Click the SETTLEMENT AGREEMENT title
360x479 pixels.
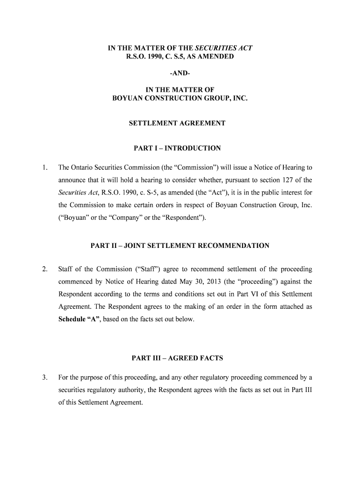pos(177,123)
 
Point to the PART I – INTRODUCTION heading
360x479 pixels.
pos(177,148)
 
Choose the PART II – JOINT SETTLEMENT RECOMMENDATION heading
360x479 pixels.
pos(180,246)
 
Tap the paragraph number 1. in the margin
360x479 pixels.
pos(45,167)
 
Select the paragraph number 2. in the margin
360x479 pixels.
pos(45,269)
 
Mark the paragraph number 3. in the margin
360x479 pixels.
pos(45,377)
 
